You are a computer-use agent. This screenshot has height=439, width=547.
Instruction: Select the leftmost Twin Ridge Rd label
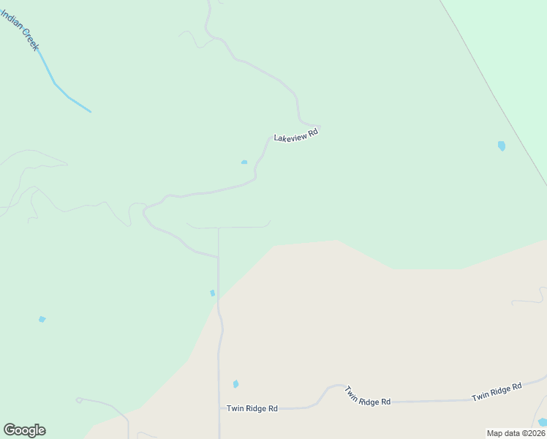click(x=252, y=408)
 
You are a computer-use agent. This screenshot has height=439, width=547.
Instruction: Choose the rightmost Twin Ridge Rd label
click(x=497, y=391)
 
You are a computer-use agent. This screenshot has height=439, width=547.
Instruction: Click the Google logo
click(x=24, y=429)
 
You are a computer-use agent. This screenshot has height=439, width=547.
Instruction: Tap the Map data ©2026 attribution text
click(x=516, y=433)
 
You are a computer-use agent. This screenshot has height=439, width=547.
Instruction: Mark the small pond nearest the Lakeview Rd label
click(x=244, y=162)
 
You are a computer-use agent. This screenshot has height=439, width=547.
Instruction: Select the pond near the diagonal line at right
click(x=502, y=146)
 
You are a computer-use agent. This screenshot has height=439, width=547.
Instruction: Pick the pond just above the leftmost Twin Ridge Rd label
click(x=235, y=384)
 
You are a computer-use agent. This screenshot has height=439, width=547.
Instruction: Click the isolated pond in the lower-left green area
click(x=42, y=319)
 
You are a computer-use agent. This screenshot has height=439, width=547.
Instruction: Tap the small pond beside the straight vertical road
click(x=213, y=293)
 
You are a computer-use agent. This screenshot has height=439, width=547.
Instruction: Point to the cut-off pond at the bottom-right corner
click(x=542, y=422)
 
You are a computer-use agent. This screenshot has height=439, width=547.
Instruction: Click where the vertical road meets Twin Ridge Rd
click(x=219, y=408)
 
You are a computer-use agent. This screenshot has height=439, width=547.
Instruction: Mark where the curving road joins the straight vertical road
click(x=218, y=258)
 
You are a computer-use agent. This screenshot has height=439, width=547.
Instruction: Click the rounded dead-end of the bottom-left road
click(x=78, y=400)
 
